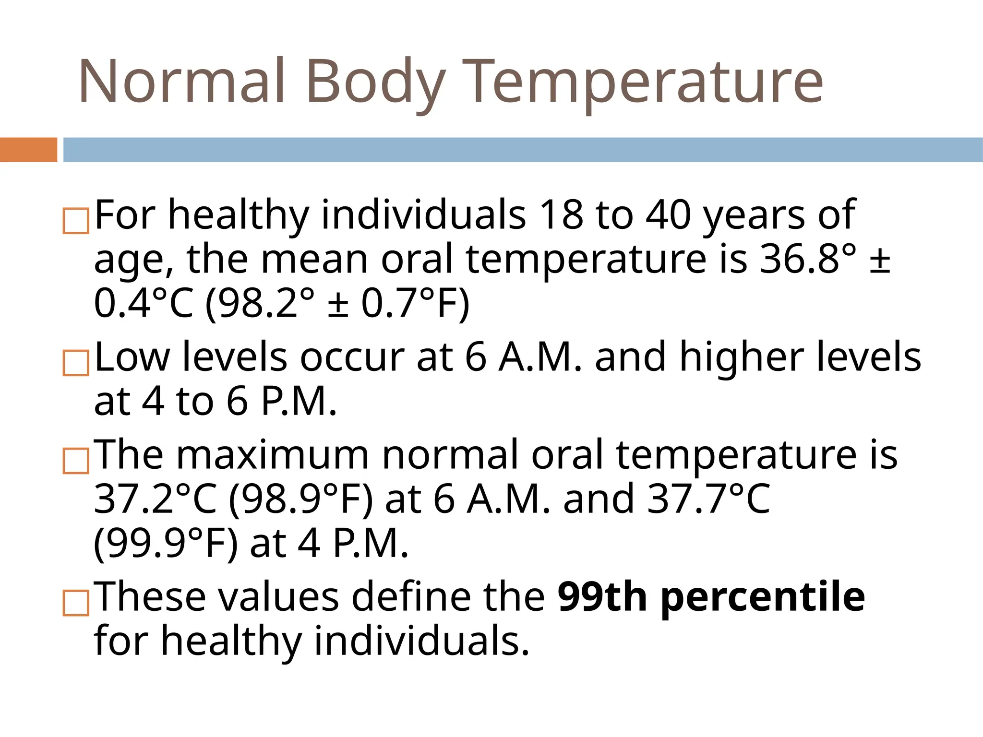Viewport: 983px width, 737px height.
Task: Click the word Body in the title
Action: coord(375,82)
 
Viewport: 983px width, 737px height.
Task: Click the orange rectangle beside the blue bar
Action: coord(28,150)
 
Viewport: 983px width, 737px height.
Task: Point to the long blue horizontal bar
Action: coord(523,150)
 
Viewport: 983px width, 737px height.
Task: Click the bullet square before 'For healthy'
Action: coord(76,221)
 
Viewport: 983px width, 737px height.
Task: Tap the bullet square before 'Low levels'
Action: coord(76,363)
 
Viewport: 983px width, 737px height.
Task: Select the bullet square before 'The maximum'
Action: coord(76,461)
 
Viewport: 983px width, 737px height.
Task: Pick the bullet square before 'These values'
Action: coord(76,603)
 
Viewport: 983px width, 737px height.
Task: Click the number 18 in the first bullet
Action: coord(561,214)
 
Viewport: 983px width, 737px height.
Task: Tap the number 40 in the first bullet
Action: coord(668,214)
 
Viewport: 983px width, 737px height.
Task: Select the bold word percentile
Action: coord(763,598)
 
